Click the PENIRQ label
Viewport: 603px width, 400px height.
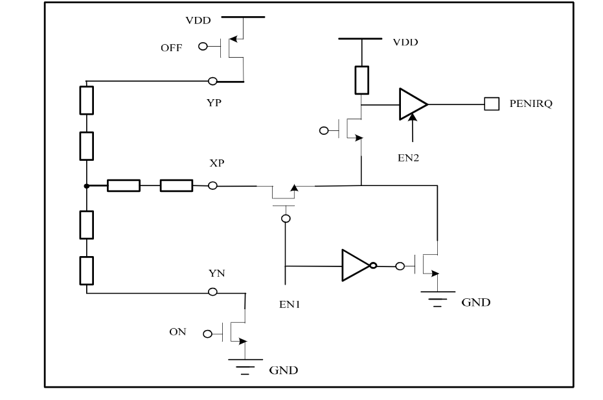tap(530, 104)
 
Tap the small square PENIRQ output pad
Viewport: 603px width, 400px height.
tap(492, 104)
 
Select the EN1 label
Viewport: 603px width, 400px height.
tap(286, 302)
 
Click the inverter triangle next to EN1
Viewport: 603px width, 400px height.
tap(355, 265)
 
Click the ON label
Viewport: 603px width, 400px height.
tap(177, 332)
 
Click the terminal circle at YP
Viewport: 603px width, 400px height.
tap(212, 82)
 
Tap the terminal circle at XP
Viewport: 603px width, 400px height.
tap(212, 186)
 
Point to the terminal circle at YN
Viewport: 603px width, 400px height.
tap(212, 292)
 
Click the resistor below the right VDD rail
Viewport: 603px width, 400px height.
tap(362, 79)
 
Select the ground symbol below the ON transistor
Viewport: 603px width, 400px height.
tap(244, 366)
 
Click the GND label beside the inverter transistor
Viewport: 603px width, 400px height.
tap(476, 302)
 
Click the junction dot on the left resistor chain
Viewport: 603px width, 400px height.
tap(86, 186)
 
